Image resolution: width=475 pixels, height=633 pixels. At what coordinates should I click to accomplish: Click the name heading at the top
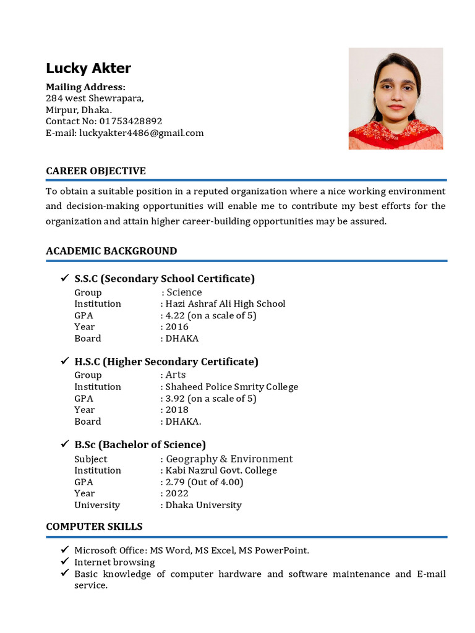(x=88, y=68)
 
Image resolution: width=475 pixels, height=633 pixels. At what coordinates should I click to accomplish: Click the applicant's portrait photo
(x=396, y=98)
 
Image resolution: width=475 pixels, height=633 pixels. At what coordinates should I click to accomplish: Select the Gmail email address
(x=142, y=133)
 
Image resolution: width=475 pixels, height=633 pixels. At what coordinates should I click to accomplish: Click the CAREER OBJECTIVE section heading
(x=96, y=171)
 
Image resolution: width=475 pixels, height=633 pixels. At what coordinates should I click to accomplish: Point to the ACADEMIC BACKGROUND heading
(x=111, y=251)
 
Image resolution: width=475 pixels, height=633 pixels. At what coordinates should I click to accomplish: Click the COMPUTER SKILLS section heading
(x=94, y=527)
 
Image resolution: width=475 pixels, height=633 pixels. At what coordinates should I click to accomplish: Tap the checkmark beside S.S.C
(x=64, y=278)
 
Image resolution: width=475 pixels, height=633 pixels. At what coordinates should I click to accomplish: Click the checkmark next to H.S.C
(x=64, y=361)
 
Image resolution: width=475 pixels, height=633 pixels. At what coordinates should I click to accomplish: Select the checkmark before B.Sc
(x=64, y=444)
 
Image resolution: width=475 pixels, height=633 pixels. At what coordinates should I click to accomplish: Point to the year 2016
(x=177, y=327)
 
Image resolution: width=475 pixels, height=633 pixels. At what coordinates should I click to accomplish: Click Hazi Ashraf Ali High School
(x=225, y=304)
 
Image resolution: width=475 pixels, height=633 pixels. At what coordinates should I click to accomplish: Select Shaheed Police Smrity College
(x=231, y=387)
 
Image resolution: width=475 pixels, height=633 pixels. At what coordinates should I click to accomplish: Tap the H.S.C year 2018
(x=177, y=410)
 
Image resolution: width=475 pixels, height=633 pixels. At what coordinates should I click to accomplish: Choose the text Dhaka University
(x=203, y=505)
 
